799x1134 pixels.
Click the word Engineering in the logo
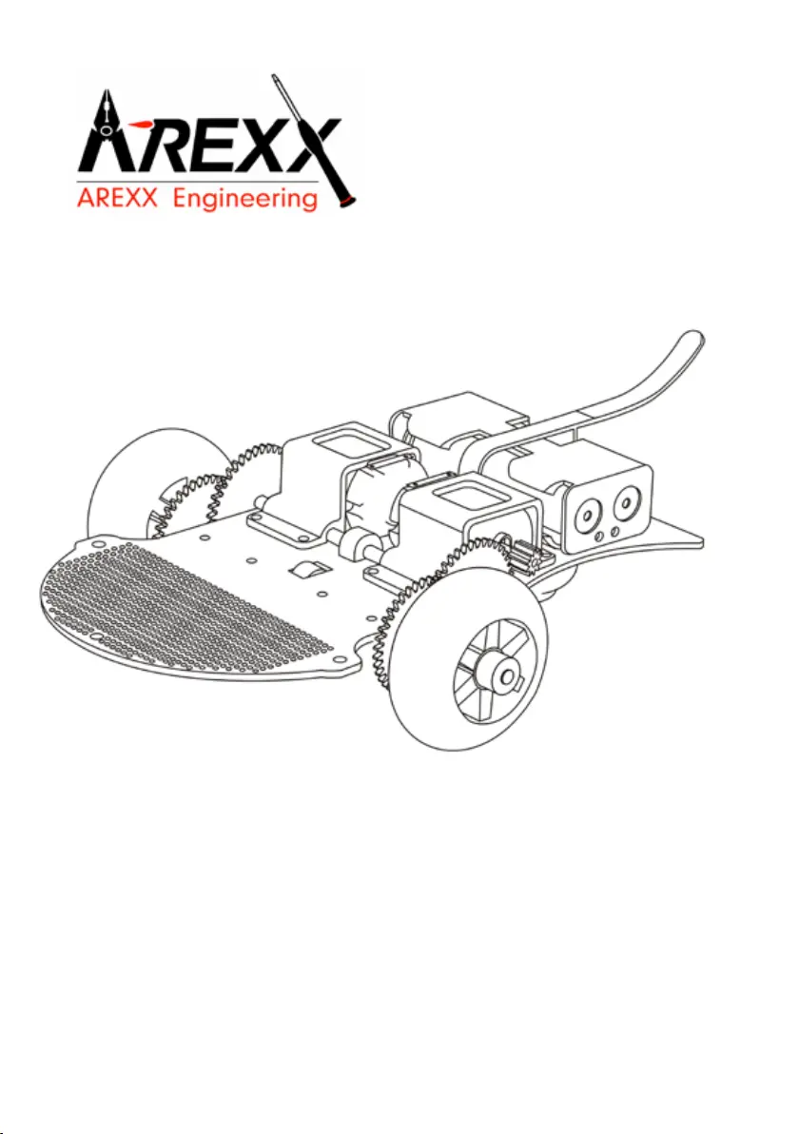[245, 199]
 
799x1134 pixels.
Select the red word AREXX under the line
[116, 198]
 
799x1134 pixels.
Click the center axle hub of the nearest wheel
[502, 675]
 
